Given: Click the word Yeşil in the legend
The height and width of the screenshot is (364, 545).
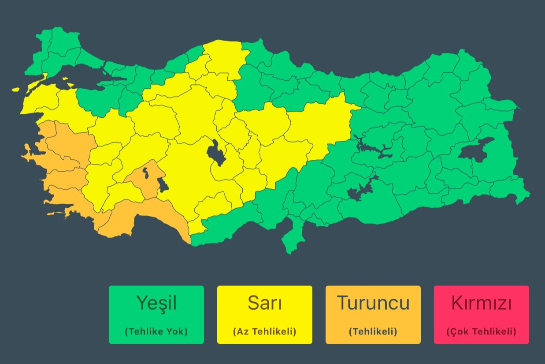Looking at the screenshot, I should coord(156,303).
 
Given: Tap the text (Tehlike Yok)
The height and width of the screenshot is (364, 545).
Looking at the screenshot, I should coord(156,331).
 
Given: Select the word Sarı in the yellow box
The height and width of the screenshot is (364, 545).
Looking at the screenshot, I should coord(264,303).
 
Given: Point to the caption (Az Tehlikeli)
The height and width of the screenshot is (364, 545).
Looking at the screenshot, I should coord(264,331).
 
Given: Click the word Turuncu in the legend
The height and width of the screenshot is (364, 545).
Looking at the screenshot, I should coord(373,303).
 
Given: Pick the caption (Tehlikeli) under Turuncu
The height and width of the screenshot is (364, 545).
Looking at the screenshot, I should coord(373,331).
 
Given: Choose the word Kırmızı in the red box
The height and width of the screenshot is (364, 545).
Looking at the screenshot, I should coord(481,303).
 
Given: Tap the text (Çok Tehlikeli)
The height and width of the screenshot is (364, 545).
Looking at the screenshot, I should coord(481,331).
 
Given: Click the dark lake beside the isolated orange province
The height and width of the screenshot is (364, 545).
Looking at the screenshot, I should coord(163,185).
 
